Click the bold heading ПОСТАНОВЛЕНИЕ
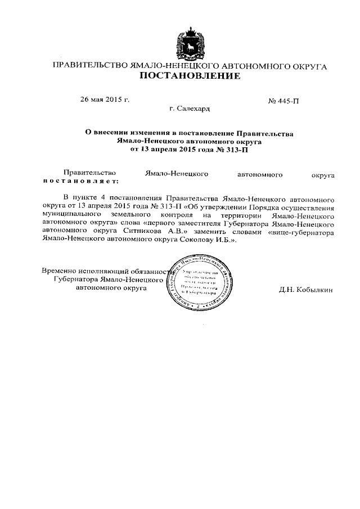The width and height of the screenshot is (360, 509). tap(190, 76)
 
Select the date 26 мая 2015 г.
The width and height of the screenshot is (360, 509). tap(105, 100)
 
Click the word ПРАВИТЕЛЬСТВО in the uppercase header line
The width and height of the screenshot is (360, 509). tap(90, 66)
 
